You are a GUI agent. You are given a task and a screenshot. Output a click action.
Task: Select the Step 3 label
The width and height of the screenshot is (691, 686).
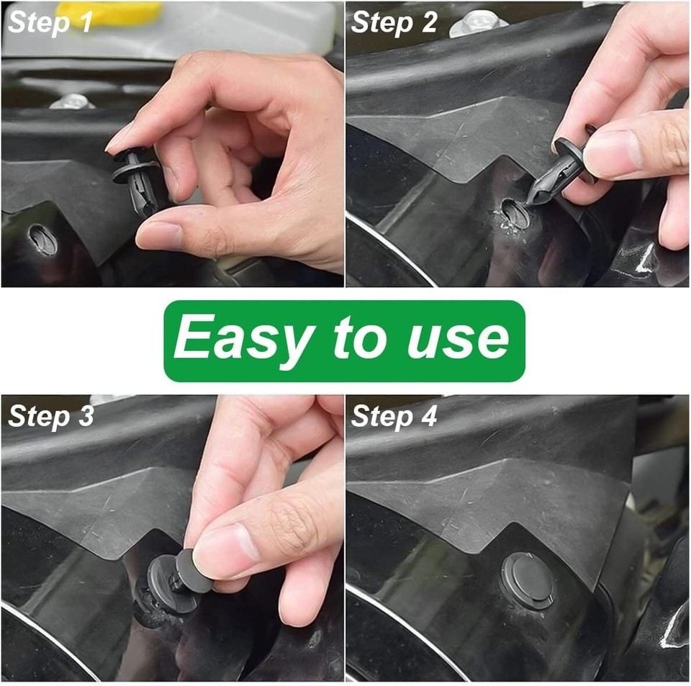[51, 417]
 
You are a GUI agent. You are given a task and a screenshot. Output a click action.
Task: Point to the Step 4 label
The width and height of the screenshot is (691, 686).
[394, 417]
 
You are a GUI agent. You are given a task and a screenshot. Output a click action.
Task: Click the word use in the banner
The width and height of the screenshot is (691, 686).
[458, 339]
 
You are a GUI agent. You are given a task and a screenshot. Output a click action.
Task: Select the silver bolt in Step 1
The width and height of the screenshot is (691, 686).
[72, 101]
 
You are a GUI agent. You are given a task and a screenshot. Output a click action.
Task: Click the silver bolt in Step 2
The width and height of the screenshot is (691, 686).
[479, 23]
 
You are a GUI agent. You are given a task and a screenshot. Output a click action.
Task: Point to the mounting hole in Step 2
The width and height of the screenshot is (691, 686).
[514, 214]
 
